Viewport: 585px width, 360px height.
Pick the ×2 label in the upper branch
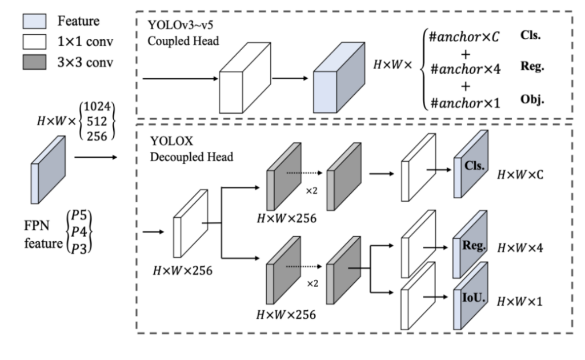pyautogui.click(x=311, y=189)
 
